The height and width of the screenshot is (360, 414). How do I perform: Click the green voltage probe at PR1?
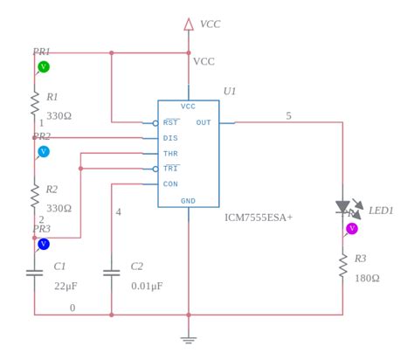pyautogui.click(x=44, y=67)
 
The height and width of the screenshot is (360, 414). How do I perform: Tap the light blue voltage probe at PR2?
pyautogui.click(x=44, y=152)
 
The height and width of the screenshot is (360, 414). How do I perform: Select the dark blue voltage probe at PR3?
pyautogui.click(x=44, y=244)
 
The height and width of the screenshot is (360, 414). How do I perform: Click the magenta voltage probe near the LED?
pyautogui.click(x=352, y=229)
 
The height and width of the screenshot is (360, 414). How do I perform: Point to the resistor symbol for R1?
pyautogui.click(x=35, y=103)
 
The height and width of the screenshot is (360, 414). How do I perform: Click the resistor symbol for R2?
pyautogui.click(x=35, y=195)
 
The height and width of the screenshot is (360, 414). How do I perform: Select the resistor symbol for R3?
pyautogui.click(x=343, y=265)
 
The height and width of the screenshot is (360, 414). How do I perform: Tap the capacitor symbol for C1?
pyautogui.click(x=35, y=273)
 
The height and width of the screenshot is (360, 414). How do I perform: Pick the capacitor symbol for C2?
pyautogui.click(x=112, y=273)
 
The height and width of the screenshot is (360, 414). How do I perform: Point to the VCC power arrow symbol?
pyautogui.click(x=189, y=24)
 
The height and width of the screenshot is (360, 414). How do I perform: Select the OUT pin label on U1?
pyautogui.click(x=204, y=123)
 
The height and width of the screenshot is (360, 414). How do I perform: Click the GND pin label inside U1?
pyautogui.click(x=189, y=201)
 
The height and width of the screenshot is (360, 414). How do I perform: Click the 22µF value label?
pyautogui.click(x=66, y=286)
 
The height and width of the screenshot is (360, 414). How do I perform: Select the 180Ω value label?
pyautogui.click(x=367, y=279)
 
